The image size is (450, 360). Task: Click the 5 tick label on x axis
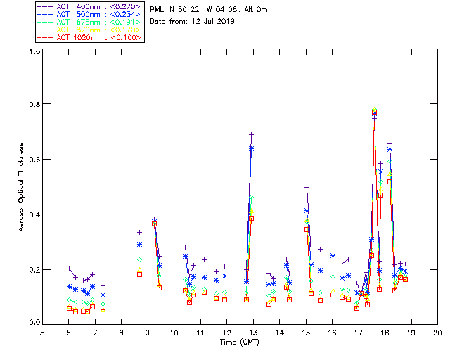tap(43, 333)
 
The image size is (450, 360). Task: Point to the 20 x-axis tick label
tap(437, 333)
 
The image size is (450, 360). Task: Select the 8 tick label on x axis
tap(122, 333)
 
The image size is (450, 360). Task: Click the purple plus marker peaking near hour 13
tap(251, 134)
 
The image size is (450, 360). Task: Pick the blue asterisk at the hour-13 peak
tap(251, 148)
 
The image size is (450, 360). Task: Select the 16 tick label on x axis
tap(332, 333)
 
